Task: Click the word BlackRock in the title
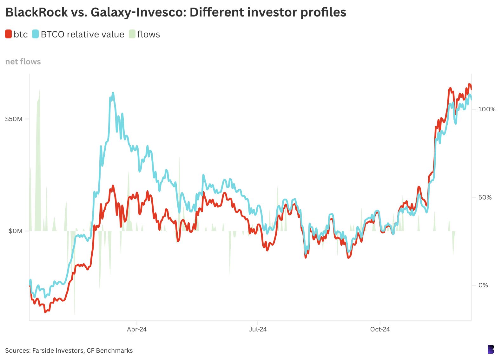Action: coord(36,12)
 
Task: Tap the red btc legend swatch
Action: coord(8,34)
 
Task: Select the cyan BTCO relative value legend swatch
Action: coord(35,34)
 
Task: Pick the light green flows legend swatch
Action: coord(132,34)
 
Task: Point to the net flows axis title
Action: coord(23,62)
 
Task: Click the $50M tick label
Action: coord(14,119)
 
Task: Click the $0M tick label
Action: coord(16,231)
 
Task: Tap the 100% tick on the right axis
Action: coord(486,109)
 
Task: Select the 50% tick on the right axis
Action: coord(485,197)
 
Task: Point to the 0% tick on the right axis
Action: coord(483,285)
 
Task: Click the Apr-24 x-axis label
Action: coord(137,329)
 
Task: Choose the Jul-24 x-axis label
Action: coord(258,329)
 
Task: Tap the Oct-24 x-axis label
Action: coord(380,329)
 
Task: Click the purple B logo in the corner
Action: coord(491,349)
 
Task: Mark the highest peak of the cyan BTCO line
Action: coord(113,93)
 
